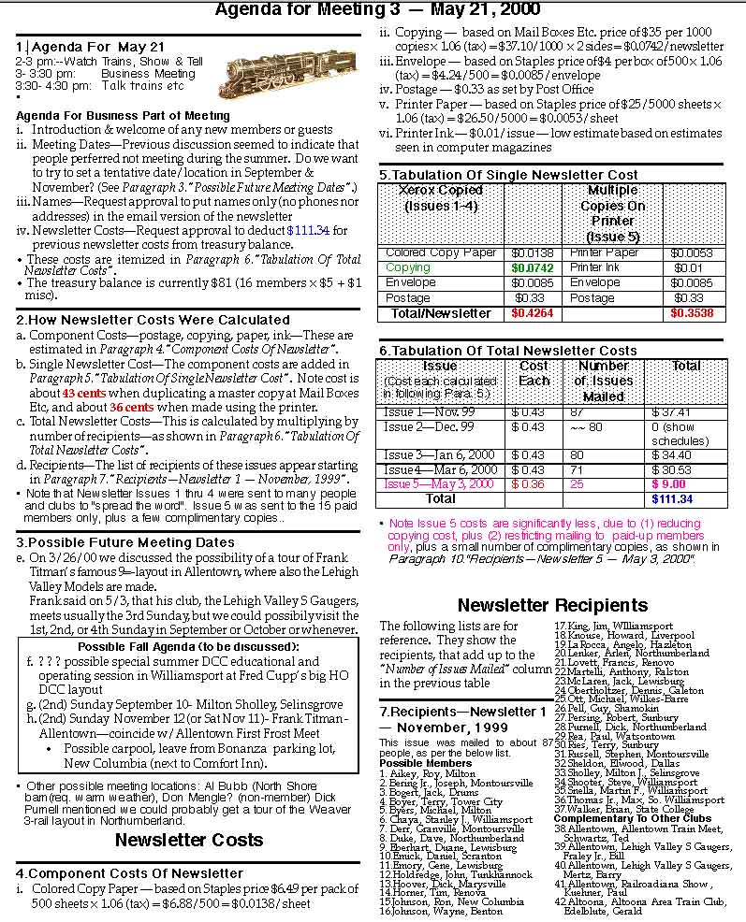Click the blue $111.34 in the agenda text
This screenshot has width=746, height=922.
(309, 230)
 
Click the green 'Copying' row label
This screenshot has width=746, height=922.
(408, 267)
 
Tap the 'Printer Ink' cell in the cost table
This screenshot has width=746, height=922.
(595, 267)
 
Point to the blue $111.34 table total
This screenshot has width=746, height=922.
(672, 499)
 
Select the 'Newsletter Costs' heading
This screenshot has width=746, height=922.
(188, 840)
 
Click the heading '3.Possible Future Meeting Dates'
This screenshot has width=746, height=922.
(125, 541)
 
